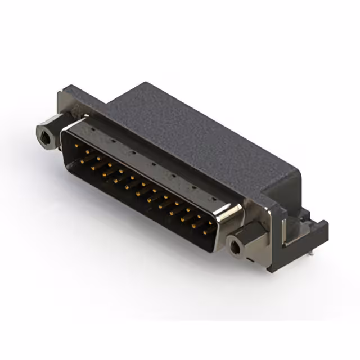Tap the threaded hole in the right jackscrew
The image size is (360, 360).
(x=235, y=245)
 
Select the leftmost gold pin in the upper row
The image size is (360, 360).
(x=76, y=145)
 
